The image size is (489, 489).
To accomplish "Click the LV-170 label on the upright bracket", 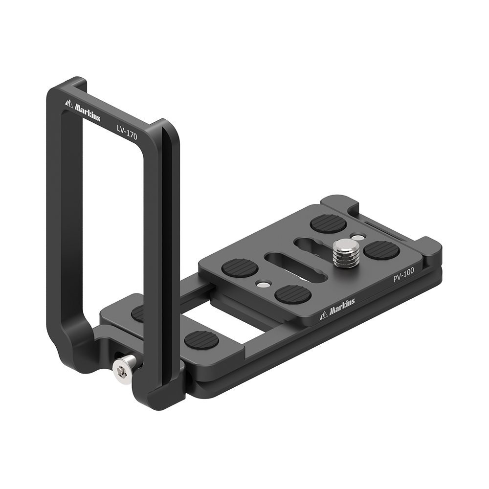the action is pos(127,132).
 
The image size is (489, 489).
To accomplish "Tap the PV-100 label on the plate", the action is pos(403,274).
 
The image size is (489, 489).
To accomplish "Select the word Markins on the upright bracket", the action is pos(88,112).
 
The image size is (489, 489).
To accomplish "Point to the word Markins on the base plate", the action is pos(341,305).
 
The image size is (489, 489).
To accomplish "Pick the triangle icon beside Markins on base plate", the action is pos(323,316).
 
